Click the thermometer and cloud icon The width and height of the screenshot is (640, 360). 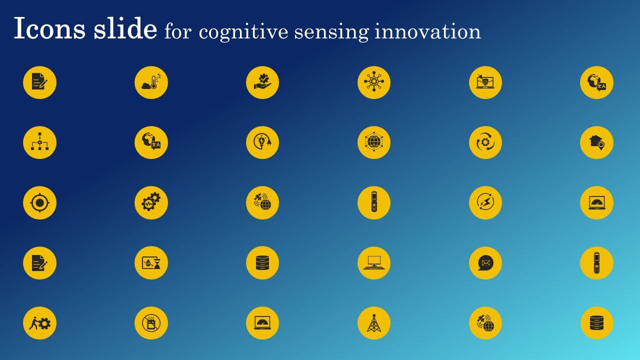coord(151,82)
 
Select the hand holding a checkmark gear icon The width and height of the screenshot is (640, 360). coord(262,82)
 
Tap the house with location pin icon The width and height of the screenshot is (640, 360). coord(596,142)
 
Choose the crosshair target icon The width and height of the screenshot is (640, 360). coord(39,203)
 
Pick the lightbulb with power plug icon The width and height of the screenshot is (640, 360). coord(262,142)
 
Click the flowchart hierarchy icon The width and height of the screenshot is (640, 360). coord(39,142)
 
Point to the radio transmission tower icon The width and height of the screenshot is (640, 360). coord(373,323)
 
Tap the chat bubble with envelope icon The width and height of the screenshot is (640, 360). coord(485,263)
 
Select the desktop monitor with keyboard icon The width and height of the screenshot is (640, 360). coord(373,263)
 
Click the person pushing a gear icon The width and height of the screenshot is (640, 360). coord(39,323)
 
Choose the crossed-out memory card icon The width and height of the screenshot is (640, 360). coord(151,323)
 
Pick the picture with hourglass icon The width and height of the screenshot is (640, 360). coord(151,263)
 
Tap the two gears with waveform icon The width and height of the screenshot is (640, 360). coord(151,203)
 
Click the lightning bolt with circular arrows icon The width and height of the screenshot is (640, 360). coord(485,203)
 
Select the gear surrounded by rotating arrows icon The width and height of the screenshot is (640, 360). coord(485,142)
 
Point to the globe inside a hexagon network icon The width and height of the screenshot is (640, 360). coord(373,142)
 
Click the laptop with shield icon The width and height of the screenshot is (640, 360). coord(485,82)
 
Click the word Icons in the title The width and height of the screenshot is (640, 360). coord(49,28)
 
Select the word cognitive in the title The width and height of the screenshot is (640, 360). coord(243,32)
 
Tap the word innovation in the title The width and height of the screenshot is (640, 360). coord(427,31)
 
